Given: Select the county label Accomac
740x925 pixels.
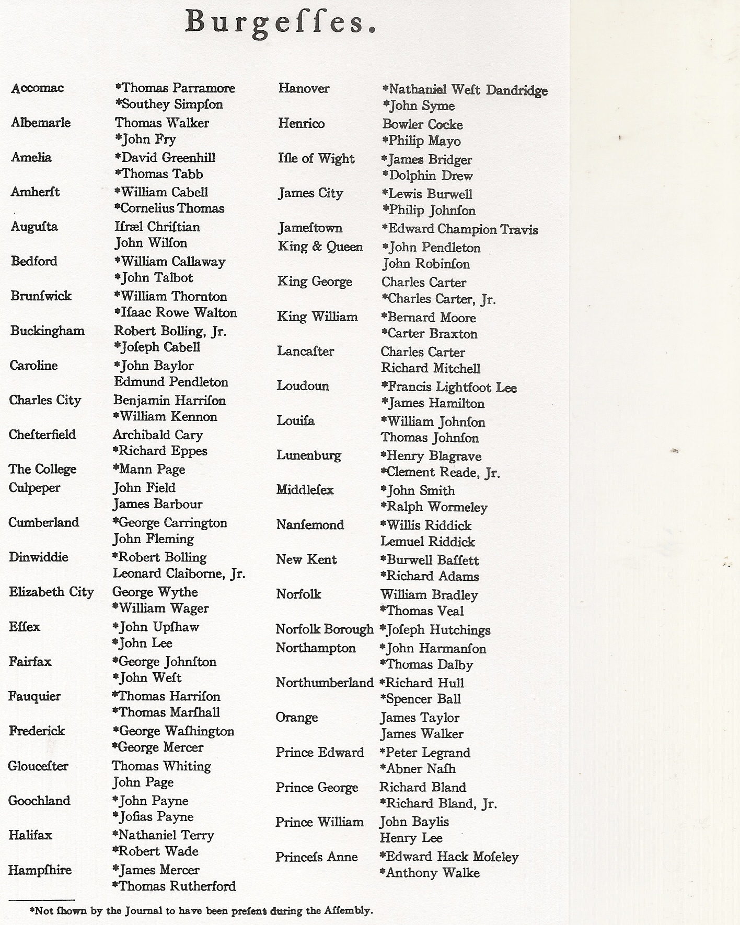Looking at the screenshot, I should point(37,88).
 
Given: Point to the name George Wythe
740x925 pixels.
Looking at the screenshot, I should point(155,592).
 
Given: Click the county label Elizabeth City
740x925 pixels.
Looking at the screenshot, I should point(51,592).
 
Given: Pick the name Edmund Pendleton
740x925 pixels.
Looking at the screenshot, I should point(171,382).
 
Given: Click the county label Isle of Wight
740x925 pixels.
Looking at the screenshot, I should point(316,158).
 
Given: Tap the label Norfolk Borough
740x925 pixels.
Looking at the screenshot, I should point(325,629).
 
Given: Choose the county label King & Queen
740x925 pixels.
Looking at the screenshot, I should point(320,247).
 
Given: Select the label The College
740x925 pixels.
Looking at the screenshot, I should point(42,469).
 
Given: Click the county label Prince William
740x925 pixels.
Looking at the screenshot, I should point(319,822).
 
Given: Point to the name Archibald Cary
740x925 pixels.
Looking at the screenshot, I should point(158,435).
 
